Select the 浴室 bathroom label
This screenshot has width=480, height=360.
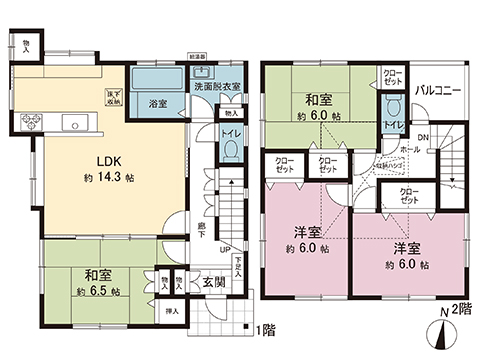point(158,103)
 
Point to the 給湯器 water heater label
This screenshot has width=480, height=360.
point(198,59)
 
